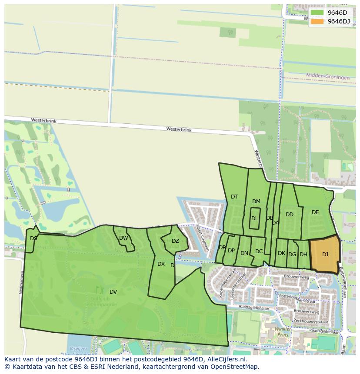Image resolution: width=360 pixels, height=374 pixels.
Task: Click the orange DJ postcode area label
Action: pyautogui.click(x=325, y=255)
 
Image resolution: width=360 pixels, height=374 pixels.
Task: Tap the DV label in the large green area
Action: pyautogui.click(x=113, y=291)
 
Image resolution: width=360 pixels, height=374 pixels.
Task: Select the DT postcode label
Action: pyautogui.click(x=234, y=197)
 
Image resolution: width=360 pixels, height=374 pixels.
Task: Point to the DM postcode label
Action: pyautogui.click(x=256, y=202)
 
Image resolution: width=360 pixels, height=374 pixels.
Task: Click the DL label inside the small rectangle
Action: pyautogui.click(x=254, y=218)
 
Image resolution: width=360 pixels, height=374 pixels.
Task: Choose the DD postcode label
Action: pyautogui.click(x=290, y=215)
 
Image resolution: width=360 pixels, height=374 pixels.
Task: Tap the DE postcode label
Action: pyautogui.click(x=315, y=212)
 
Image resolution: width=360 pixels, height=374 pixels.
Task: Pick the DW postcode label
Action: pyautogui.click(x=123, y=238)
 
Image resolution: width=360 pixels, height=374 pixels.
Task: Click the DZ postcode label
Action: pyautogui.click(x=175, y=241)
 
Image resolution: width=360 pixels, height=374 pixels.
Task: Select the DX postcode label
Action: pyautogui.click(x=161, y=264)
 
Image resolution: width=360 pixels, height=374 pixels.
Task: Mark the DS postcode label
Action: pyautogui.click(x=33, y=238)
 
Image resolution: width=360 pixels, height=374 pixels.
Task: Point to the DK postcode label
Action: pyautogui.click(x=281, y=253)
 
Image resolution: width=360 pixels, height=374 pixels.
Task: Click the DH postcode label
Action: pyautogui.click(x=303, y=255)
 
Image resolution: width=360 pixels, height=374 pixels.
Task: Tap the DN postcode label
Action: pyautogui.click(x=244, y=253)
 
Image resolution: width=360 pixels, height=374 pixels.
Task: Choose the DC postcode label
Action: pyautogui.click(x=259, y=252)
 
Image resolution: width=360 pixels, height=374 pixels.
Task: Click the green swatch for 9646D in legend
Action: pyautogui.click(x=317, y=13)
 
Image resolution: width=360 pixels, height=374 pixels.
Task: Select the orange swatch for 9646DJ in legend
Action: pyautogui.click(x=317, y=21)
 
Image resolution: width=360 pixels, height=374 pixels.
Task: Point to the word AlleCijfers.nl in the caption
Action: pyautogui.click(x=226, y=360)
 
